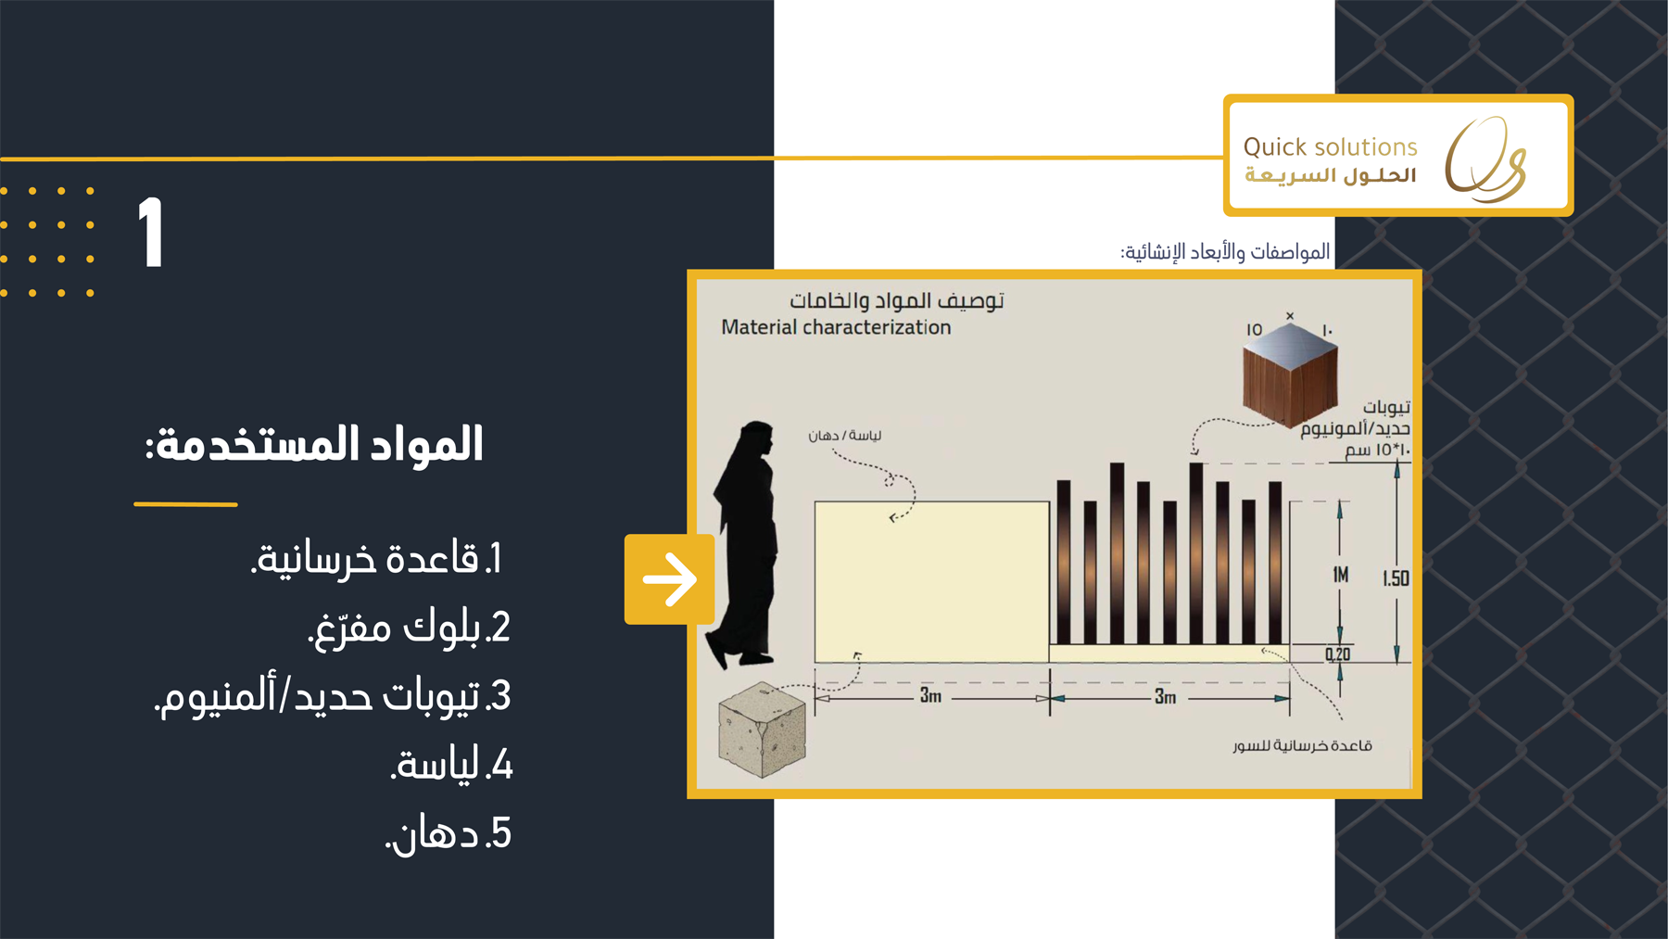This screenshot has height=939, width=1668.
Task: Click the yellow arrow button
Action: (669, 579)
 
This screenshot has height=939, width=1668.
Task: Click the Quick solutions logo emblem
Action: (1485, 159)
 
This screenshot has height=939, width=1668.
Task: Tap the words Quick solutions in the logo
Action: (1330, 146)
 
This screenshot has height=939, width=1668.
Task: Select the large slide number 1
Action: (150, 233)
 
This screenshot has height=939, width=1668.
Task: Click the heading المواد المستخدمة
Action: (314, 444)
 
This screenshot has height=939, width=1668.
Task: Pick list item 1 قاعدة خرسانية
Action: (376, 559)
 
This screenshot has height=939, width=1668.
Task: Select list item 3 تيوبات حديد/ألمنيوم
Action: (333, 696)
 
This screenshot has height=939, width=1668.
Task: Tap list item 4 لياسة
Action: (451, 765)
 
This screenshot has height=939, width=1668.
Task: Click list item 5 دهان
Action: (449, 833)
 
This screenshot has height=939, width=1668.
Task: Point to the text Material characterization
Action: (836, 327)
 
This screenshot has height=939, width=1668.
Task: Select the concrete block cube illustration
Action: (763, 730)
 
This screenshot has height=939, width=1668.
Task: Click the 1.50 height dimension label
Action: (1396, 578)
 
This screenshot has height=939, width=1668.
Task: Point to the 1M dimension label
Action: (1341, 575)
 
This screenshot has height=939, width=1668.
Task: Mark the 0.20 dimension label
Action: (1337, 654)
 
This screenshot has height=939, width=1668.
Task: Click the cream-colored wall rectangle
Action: (931, 582)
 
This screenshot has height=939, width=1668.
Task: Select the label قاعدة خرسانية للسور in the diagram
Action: (1302, 745)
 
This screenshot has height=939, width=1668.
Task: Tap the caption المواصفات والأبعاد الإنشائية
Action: (1225, 252)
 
